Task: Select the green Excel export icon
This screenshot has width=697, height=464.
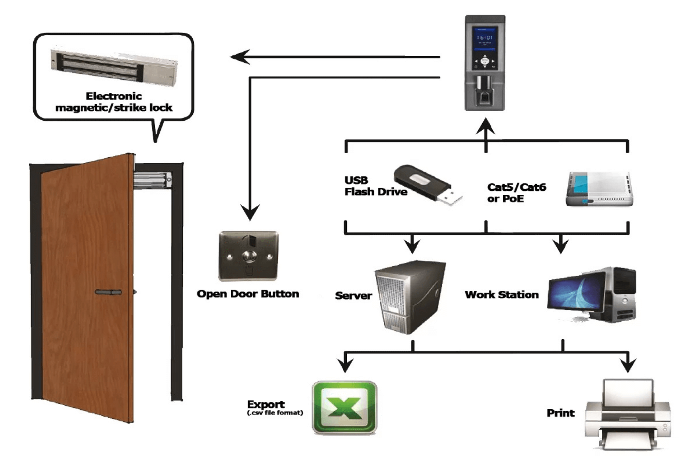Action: point(344,407)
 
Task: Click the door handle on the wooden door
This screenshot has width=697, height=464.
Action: point(108,292)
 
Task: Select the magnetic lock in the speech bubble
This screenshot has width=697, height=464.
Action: point(114,65)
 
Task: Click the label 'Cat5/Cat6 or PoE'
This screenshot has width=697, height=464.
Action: point(516,193)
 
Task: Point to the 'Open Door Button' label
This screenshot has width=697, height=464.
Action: point(248,294)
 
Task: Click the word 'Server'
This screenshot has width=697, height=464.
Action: point(353,296)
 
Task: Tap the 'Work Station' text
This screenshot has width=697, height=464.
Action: point(502,295)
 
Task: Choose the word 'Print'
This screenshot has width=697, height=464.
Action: point(561,413)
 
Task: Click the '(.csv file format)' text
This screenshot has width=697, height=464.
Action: point(275,413)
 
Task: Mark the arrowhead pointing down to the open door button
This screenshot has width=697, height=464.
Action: point(250,212)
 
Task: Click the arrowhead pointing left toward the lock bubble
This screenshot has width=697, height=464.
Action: point(240,57)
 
